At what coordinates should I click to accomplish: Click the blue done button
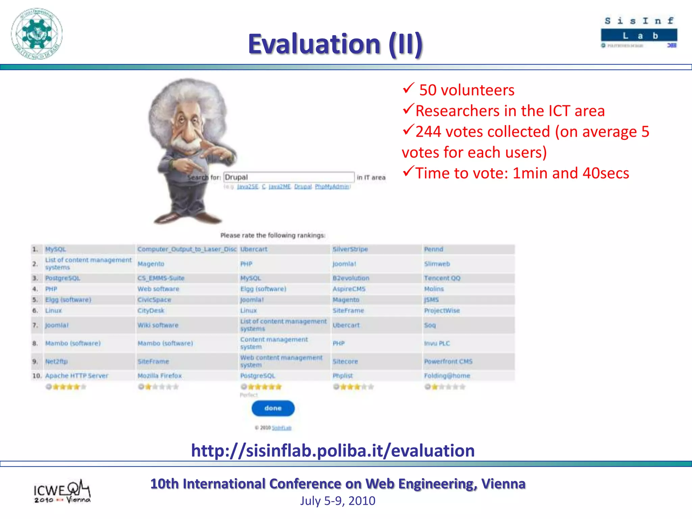273,408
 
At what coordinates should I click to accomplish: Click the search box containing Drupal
289,177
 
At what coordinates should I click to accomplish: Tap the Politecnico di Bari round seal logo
37,34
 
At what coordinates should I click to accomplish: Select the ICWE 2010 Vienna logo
62,492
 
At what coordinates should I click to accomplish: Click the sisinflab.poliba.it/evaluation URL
333,450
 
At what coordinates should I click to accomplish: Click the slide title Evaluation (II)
335,44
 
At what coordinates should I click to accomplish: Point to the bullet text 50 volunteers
466,90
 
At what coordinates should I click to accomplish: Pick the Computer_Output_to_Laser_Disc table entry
187,249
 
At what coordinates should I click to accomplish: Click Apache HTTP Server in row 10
77,376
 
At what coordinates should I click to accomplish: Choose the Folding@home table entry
447,376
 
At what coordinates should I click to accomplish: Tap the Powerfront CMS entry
448,362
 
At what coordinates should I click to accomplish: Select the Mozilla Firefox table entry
159,376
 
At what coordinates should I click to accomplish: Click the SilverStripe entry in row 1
350,249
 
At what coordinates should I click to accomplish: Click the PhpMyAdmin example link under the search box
332,187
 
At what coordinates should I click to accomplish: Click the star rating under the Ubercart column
261,387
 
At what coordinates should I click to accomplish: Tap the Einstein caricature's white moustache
184,144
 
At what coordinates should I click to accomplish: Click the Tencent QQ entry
442,278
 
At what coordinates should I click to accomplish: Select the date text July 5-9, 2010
338,501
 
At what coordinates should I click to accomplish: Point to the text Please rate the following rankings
273,235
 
